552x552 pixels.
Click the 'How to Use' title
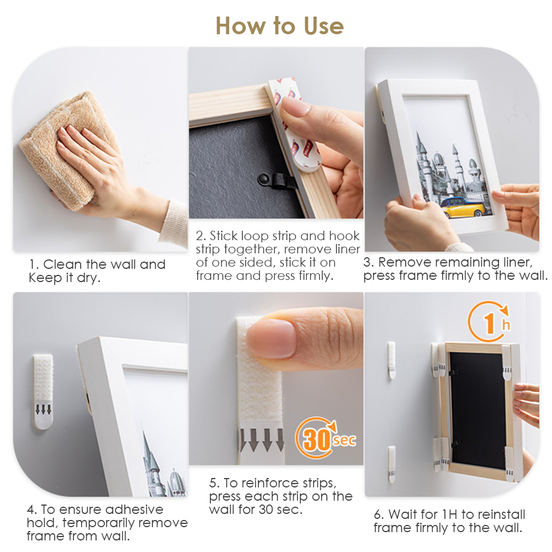(279, 25)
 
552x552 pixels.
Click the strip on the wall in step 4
(43, 390)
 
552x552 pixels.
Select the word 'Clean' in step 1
(62, 264)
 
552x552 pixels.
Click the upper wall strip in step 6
(391, 359)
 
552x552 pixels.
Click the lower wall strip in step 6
(391, 464)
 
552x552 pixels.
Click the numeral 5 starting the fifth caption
(213, 483)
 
